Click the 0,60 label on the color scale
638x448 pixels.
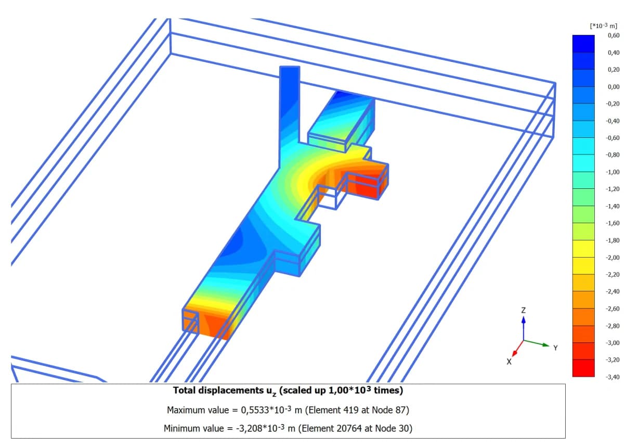[614, 35]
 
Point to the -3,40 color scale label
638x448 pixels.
[613, 377]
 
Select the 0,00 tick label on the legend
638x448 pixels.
[614, 87]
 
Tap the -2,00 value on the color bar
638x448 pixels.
[613, 258]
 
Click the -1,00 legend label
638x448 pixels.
[613, 172]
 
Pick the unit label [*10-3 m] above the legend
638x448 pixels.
[604, 26]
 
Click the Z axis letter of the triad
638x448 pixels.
[523, 310]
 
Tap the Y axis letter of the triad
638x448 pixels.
[555, 348]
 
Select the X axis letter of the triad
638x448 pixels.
[509, 362]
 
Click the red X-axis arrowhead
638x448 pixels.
[515, 353]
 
